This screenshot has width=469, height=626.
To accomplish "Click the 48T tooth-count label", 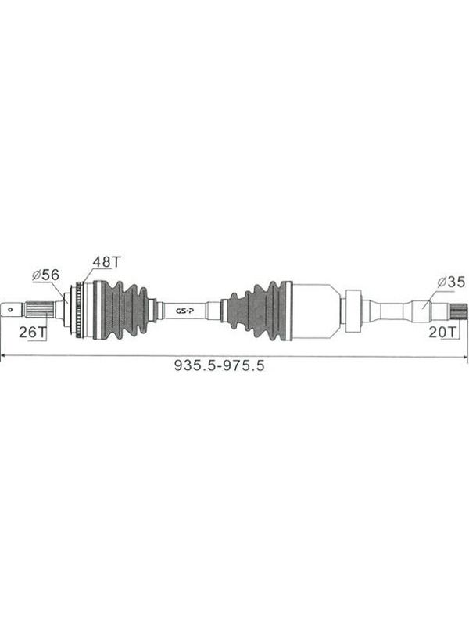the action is tap(106, 262).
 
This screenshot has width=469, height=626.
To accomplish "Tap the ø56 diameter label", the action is tap(46, 275).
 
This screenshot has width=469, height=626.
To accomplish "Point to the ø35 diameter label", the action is tap(451, 282).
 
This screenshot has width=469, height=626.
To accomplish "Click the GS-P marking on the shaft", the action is tap(184, 311).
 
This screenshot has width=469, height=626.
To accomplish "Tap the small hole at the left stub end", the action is tap(9, 308).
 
